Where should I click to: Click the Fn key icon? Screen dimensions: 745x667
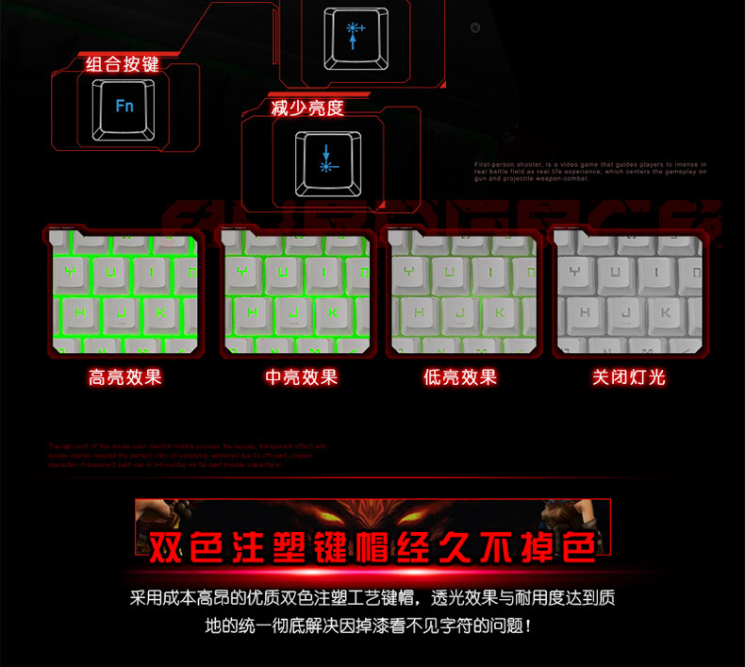(124, 106)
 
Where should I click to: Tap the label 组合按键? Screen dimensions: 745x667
(123, 65)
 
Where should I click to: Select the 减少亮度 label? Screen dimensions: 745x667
(307, 108)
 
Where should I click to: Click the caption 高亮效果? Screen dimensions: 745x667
(125, 377)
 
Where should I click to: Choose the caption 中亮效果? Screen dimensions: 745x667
(301, 377)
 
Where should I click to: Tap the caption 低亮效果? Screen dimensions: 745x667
(459, 377)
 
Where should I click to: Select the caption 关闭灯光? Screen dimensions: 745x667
(628, 377)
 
